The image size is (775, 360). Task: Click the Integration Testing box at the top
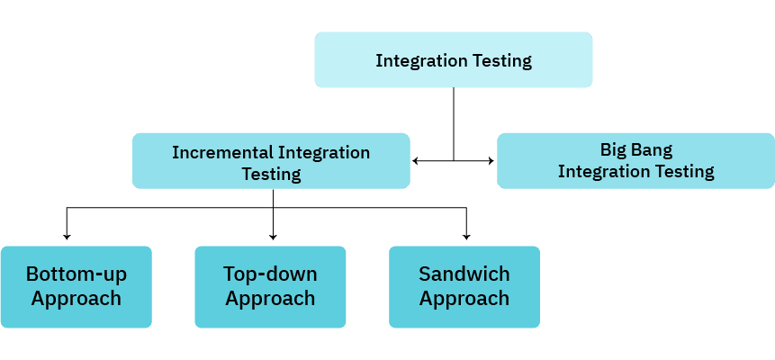click(x=454, y=60)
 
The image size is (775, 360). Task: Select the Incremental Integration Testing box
click(x=271, y=162)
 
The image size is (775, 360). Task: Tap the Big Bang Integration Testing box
click(x=635, y=160)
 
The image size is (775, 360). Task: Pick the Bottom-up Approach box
click(x=76, y=286)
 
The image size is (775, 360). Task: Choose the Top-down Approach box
click(x=270, y=286)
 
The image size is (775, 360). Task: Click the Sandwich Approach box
click(x=464, y=286)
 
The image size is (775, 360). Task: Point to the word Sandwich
click(x=464, y=274)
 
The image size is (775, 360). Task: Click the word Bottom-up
click(x=76, y=274)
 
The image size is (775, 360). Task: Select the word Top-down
click(x=270, y=274)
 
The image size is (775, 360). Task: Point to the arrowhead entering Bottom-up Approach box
click(x=68, y=237)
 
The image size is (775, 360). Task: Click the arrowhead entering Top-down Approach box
click(x=273, y=237)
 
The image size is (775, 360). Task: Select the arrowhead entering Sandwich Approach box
click(x=466, y=237)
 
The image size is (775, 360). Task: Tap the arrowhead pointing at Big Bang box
click(x=490, y=161)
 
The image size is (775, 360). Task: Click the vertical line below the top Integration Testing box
click(x=454, y=121)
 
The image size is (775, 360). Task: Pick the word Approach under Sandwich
click(x=464, y=298)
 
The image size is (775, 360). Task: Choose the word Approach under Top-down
click(x=270, y=298)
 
